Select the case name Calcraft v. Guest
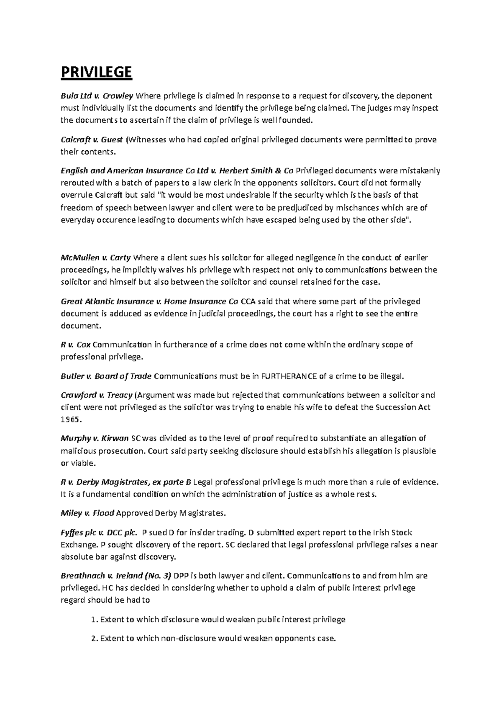click(92, 139)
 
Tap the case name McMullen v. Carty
click(96, 257)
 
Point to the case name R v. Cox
click(76, 345)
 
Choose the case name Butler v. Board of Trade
click(106, 376)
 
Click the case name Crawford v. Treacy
click(97, 395)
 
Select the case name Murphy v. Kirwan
click(95, 438)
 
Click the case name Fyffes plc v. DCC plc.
click(99, 533)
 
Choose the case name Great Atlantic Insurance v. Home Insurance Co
click(149, 301)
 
